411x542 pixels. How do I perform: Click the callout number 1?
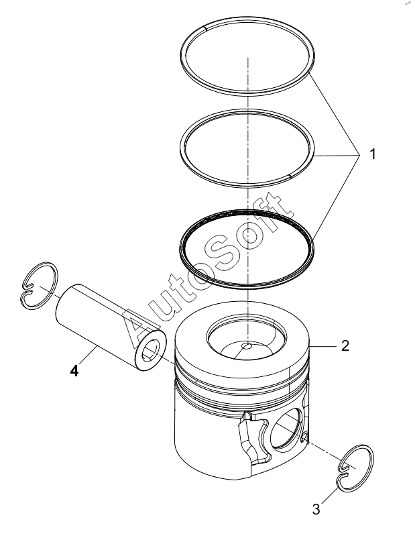click(372, 154)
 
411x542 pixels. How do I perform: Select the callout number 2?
click(345, 345)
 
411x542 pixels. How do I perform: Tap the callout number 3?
click(316, 509)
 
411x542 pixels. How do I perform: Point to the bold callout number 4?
click(74, 371)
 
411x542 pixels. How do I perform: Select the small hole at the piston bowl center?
click(247, 346)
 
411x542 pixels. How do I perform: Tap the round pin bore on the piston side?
click(286, 430)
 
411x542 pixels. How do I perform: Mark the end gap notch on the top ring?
click(206, 28)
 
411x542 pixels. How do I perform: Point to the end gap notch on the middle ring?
click(290, 177)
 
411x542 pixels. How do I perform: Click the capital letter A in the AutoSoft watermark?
click(142, 329)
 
